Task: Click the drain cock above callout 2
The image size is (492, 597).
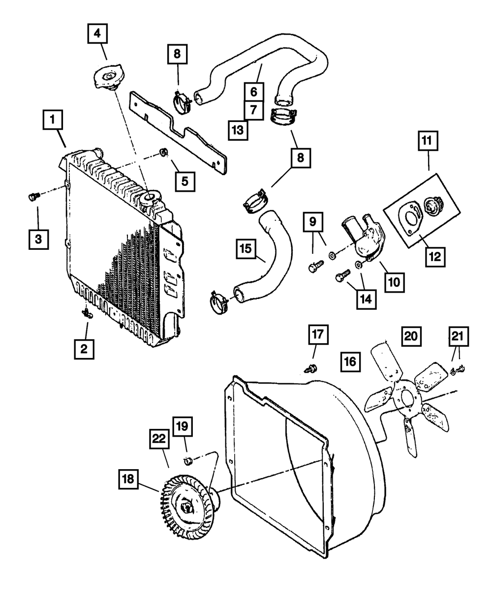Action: click(87, 312)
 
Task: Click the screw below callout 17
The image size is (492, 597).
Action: click(311, 366)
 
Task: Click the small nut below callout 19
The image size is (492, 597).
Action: click(187, 461)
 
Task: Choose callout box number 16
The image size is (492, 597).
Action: click(350, 362)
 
